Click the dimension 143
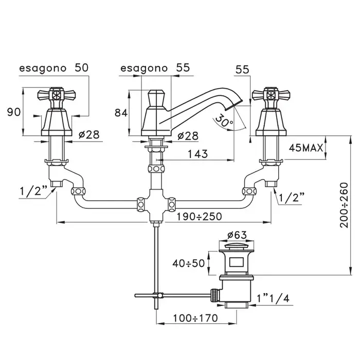tap(199, 154)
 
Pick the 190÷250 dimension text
tap(201, 217)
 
